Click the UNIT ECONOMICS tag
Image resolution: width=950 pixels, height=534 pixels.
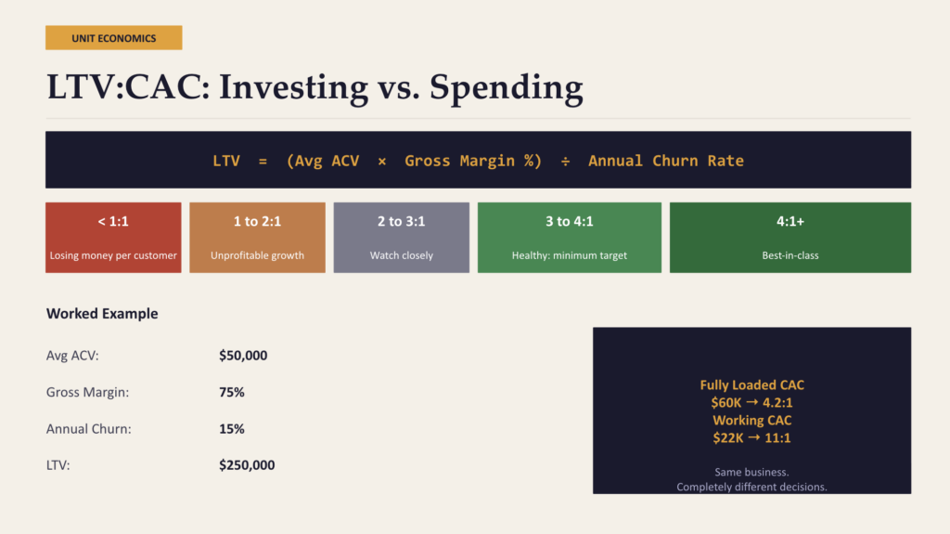[113, 38]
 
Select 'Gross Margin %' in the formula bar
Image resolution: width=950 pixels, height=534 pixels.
[473, 161]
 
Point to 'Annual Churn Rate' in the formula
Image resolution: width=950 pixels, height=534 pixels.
[666, 161]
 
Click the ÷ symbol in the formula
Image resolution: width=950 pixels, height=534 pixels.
[565, 161]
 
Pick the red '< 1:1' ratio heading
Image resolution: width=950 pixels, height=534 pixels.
[113, 222]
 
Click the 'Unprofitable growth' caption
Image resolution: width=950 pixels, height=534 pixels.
[257, 255]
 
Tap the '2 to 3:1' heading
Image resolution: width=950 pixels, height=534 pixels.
[402, 222]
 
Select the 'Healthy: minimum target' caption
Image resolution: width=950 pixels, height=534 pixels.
[569, 255]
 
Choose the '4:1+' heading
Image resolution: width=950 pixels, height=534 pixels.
[790, 222]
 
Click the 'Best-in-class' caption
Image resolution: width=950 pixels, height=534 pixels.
[790, 255]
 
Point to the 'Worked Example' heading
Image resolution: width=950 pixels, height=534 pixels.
[102, 314]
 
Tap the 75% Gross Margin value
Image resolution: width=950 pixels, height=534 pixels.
[232, 392]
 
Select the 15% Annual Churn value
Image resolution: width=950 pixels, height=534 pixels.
[232, 429]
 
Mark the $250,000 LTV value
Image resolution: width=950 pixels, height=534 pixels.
[247, 465]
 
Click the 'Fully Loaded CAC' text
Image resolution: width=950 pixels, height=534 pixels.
[751, 384]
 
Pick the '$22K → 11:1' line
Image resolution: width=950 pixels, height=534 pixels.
[751, 438]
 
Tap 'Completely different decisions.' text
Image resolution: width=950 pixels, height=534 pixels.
[751, 487]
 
